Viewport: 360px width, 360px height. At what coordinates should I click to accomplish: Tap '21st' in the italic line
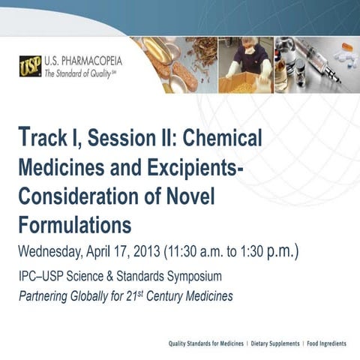(148, 295)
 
